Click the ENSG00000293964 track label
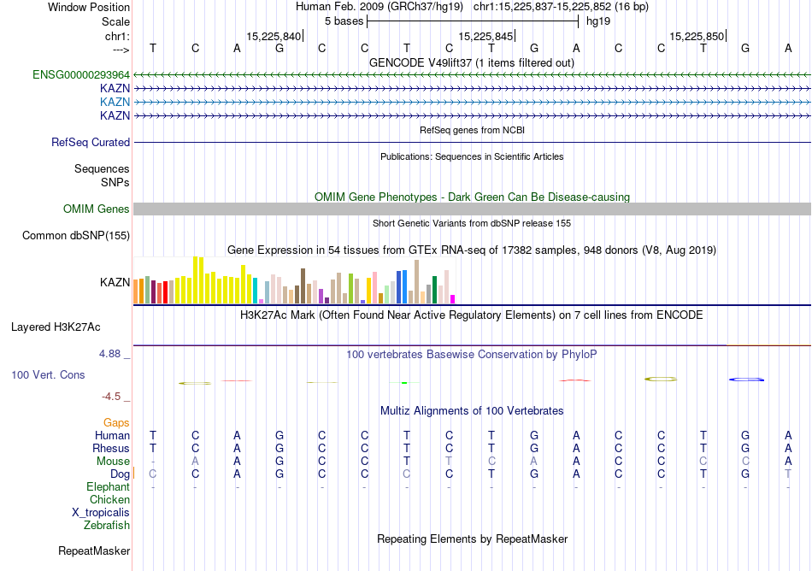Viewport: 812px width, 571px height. [81, 74]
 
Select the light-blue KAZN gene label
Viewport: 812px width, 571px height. [115, 102]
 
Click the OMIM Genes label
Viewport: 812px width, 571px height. [97, 209]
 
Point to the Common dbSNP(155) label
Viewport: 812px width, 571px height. [76, 236]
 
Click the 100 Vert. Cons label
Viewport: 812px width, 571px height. [48, 374]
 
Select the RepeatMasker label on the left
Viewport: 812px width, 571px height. [94, 550]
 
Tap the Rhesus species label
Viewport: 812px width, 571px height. [111, 449]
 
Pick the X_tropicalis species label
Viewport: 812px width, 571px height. [101, 513]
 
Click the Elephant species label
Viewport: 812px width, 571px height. [109, 487]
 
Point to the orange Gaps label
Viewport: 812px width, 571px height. [116, 422]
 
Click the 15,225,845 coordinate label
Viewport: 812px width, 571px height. [485, 36]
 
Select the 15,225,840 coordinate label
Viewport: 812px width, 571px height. [274, 36]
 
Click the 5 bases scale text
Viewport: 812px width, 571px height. [343, 21]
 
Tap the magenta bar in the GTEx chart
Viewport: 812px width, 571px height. [453, 299]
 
